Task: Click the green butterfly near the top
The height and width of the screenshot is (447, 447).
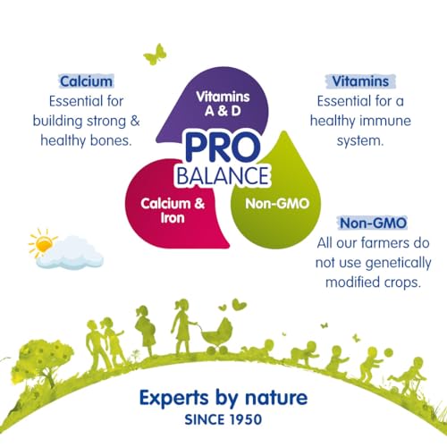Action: tap(156, 55)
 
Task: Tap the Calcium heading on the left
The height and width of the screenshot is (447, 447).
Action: tap(87, 81)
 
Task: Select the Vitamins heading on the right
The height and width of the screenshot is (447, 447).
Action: tap(360, 81)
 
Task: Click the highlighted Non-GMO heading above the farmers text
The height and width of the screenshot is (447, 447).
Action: tap(374, 223)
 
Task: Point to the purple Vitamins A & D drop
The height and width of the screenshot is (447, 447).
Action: tap(221, 101)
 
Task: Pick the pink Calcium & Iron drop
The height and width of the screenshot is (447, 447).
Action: tap(173, 208)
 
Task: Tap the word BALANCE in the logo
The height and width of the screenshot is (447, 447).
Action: tap(223, 176)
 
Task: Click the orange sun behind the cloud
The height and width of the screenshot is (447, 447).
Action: tap(43, 243)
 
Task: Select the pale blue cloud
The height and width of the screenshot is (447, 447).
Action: tap(70, 253)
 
